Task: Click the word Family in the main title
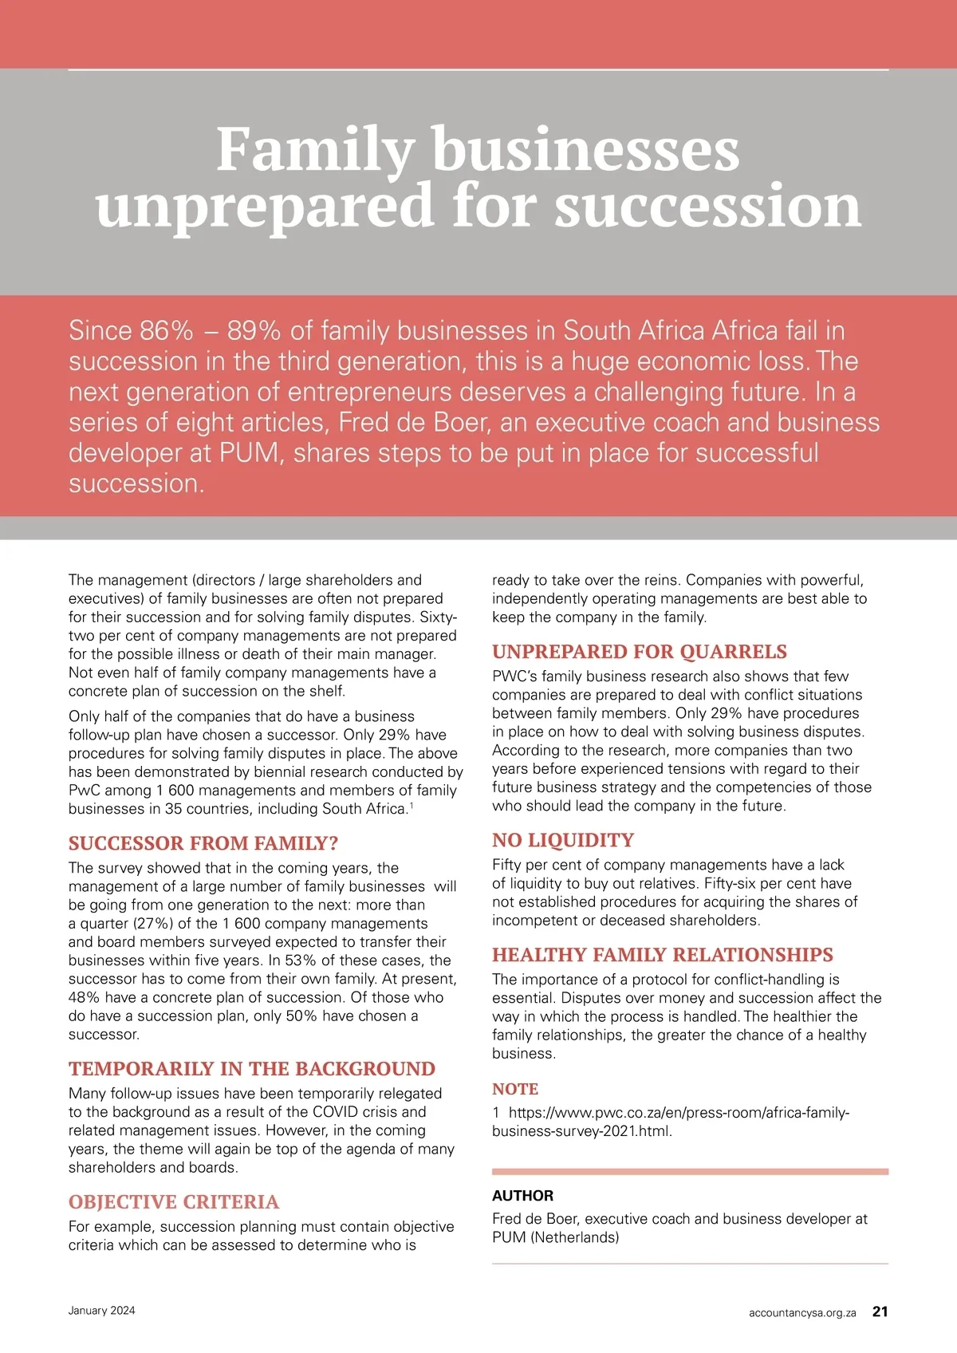315,149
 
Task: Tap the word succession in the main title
707,206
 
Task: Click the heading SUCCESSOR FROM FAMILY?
203,843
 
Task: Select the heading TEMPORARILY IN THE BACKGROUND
252,1069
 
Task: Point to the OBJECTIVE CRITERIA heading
174,1202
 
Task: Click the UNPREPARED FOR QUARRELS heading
640,652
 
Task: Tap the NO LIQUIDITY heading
563,840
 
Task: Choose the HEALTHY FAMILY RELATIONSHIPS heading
663,955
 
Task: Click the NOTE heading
515,1089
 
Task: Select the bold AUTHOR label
522,1196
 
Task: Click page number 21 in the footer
880,1312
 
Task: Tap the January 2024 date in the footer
102,1311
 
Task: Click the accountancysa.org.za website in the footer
802,1312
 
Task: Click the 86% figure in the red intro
167,330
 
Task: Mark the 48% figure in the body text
85,997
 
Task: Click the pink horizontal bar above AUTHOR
690,1172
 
